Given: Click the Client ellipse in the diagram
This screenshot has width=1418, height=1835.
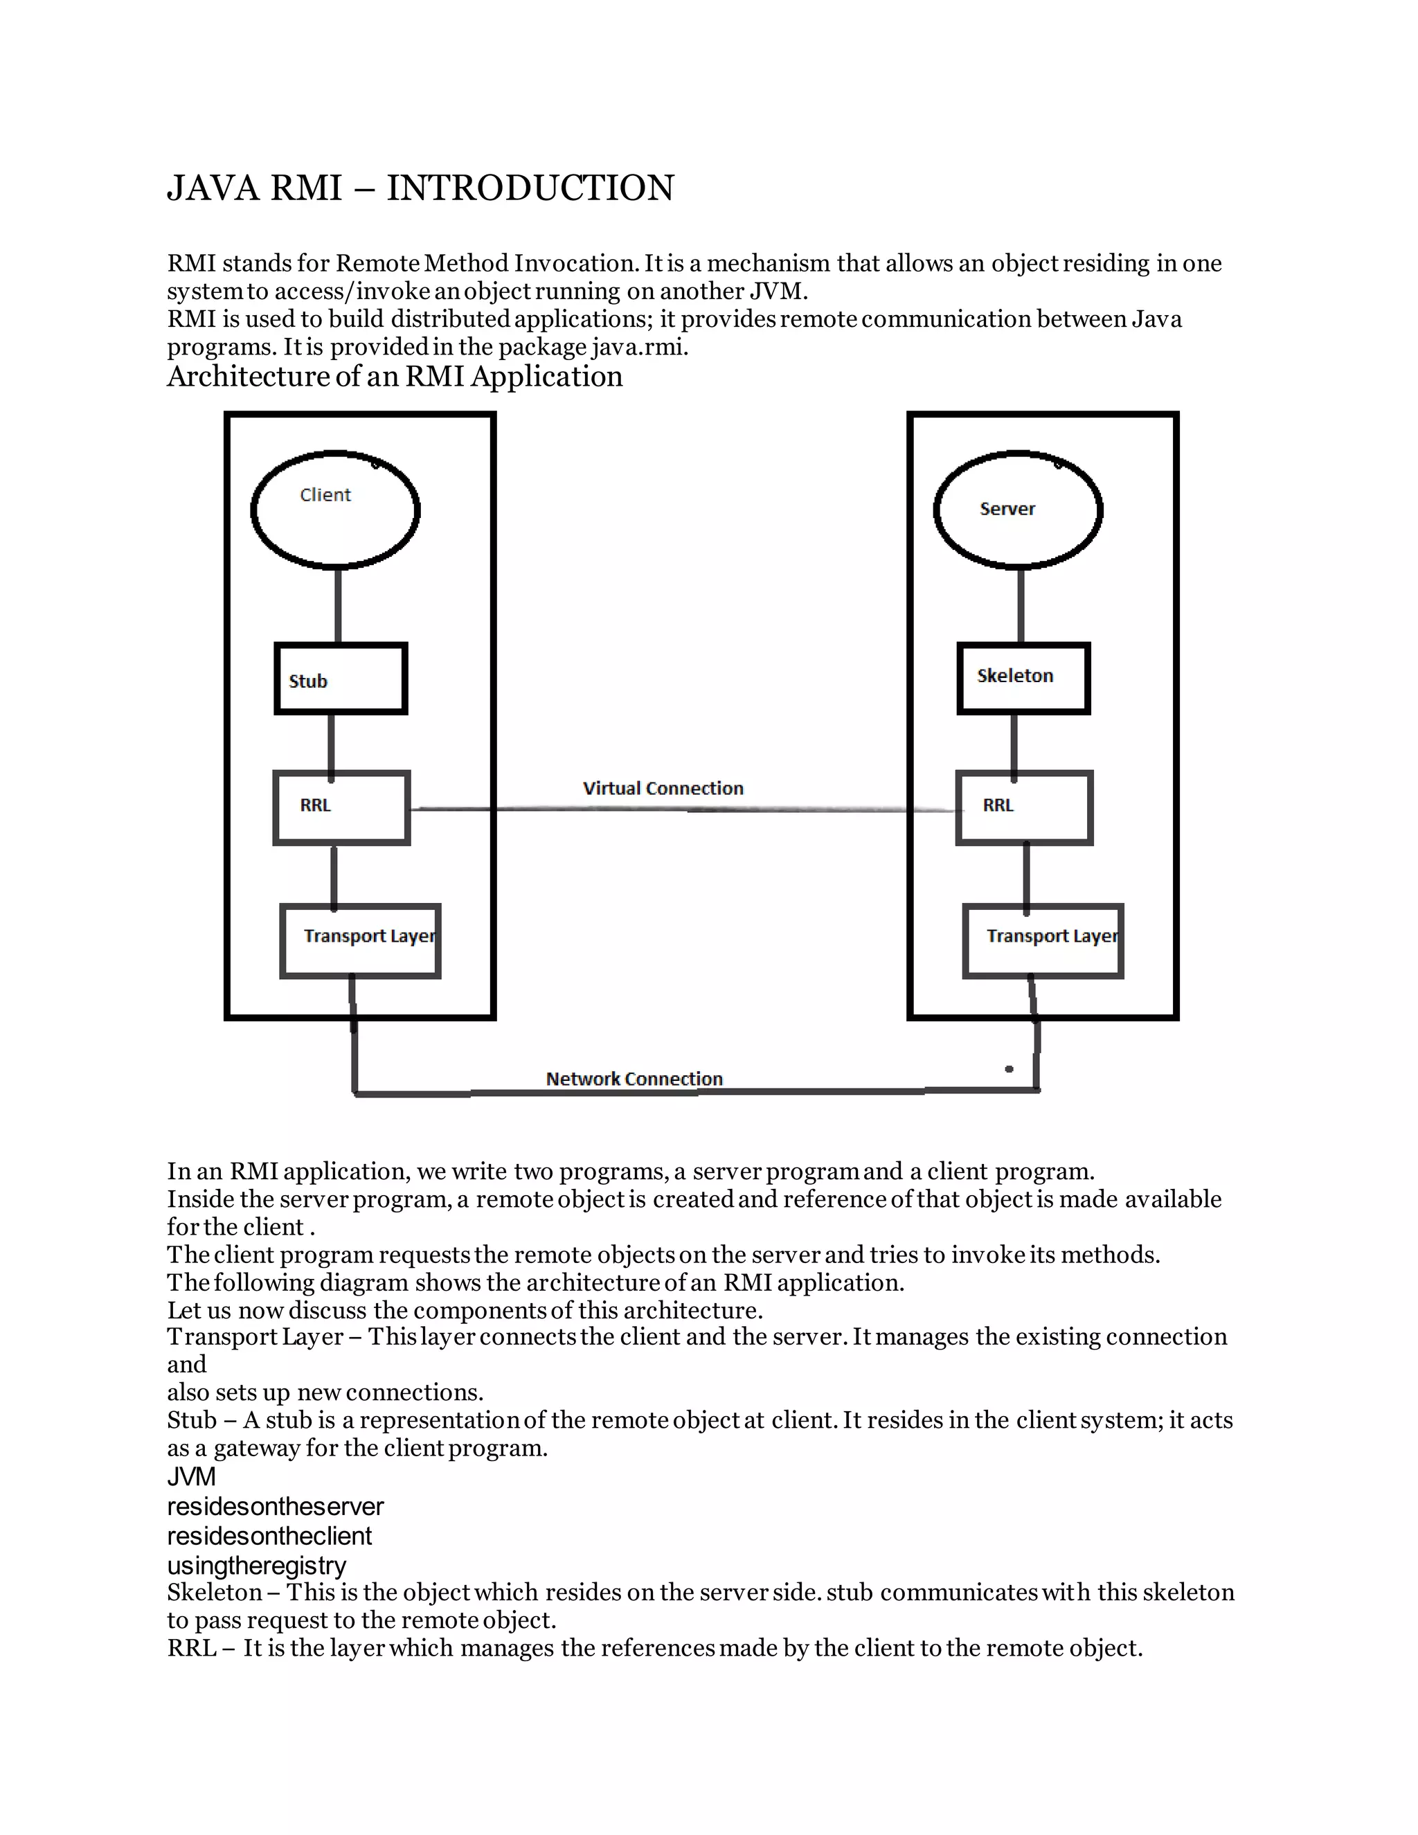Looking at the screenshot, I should [x=335, y=510].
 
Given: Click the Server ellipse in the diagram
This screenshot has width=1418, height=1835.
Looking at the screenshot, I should [x=1018, y=510].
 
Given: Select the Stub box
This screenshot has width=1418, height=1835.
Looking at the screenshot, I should [x=341, y=679].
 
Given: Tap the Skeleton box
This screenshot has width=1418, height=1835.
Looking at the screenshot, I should [x=1023, y=678].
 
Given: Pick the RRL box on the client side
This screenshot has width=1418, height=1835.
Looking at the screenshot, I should [x=342, y=807].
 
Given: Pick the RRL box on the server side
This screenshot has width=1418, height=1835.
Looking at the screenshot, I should [x=1024, y=807].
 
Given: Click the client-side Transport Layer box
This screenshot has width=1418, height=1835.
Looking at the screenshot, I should [x=360, y=941].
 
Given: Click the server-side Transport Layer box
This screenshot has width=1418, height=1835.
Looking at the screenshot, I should [x=1043, y=941].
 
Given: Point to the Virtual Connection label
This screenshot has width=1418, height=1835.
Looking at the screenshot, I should [x=663, y=788].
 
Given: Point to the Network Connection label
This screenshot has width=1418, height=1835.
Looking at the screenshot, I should [x=634, y=1079].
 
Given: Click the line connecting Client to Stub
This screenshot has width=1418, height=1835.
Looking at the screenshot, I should [x=338, y=605].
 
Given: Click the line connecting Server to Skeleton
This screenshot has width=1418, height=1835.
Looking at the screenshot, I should [x=1021, y=605].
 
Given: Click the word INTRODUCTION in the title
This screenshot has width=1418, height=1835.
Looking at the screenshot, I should [x=530, y=188].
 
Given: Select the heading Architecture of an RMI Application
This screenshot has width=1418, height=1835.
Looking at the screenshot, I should [x=395, y=377].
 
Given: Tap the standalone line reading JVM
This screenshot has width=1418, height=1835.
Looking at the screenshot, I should [x=192, y=1476].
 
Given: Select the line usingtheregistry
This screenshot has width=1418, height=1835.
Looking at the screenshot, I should [x=256, y=1566].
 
